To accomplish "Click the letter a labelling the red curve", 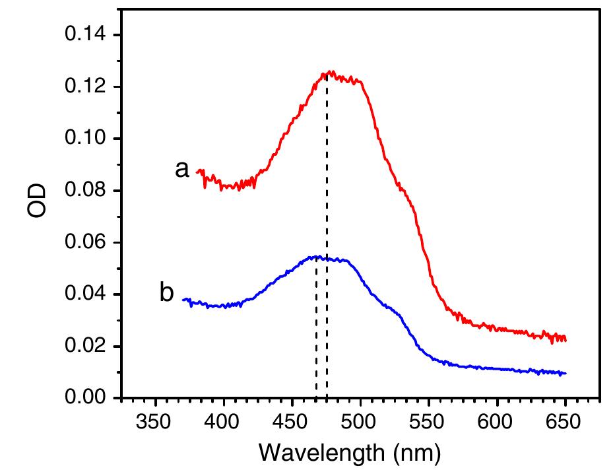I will point(182,170).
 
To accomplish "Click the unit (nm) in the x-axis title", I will point(412,453).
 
